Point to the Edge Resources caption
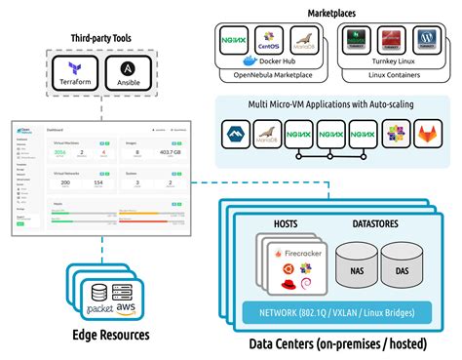111,335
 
